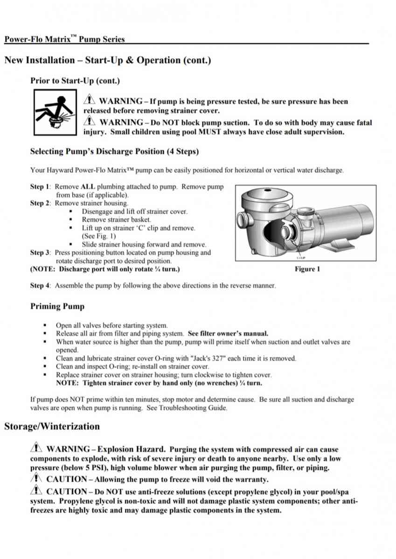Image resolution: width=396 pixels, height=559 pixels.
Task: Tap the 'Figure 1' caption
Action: (307, 269)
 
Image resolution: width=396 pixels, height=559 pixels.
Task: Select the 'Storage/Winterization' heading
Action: (52, 426)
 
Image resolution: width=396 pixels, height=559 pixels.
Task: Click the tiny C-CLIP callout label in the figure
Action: (301, 258)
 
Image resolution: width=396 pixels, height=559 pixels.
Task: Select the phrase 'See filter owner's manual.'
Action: (228, 334)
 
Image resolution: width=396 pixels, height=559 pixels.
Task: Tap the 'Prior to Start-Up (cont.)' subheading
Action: (75, 81)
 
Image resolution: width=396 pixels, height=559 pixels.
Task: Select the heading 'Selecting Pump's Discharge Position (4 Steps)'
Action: (114, 151)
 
